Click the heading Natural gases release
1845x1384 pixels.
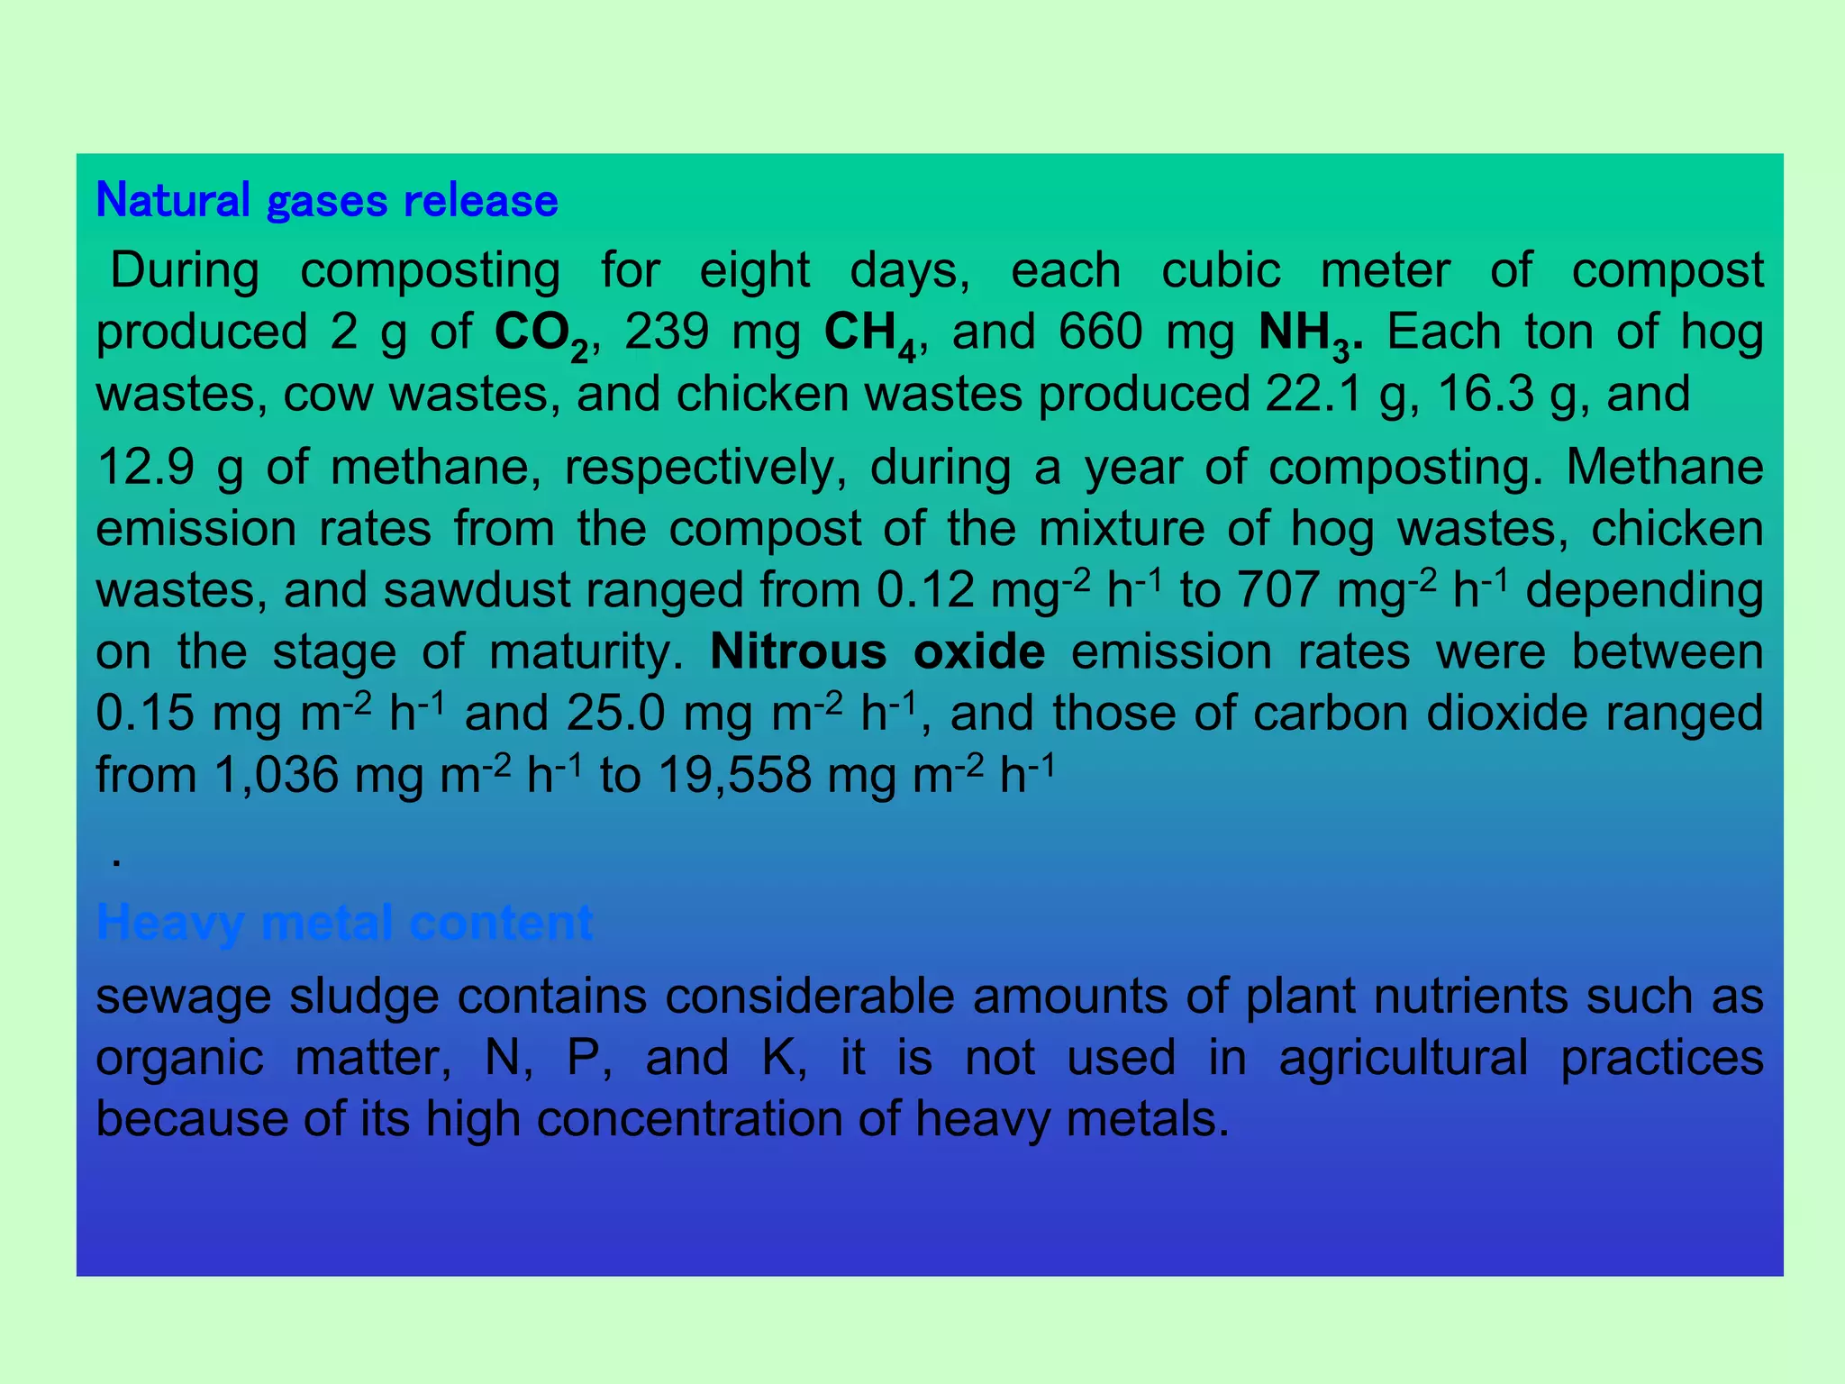pyautogui.click(x=326, y=200)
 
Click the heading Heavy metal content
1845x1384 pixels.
pyautogui.click(x=344, y=922)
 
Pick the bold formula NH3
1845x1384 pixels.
pyautogui.click(x=1304, y=333)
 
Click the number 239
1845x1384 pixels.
pyautogui.click(x=667, y=332)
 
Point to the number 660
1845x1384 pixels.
pyautogui.click(x=1101, y=332)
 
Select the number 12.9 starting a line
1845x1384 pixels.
pyautogui.click(x=145, y=468)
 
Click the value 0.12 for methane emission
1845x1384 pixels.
pyautogui.click(x=925, y=591)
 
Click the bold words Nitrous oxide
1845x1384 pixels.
pyautogui.click(x=877, y=651)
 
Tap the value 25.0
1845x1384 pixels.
pyautogui.click(x=615, y=714)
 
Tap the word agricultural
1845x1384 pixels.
pyautogui.click(x=1403, y=1058)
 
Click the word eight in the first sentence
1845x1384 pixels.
pyautogui.click(x=755, y=270)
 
